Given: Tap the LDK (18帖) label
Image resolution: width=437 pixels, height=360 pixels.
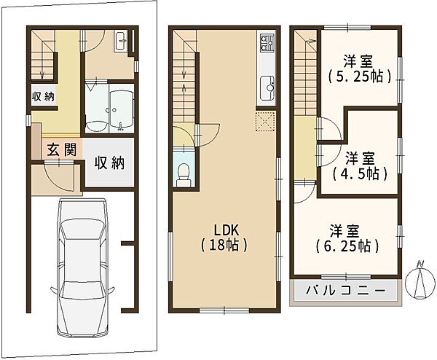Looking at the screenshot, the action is coord(224,238).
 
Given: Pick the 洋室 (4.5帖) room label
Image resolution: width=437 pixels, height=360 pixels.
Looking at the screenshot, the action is coord(360,166).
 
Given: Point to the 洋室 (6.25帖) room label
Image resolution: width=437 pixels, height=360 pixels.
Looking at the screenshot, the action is coord(347,238).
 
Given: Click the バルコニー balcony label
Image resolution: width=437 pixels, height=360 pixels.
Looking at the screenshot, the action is coord(345,291).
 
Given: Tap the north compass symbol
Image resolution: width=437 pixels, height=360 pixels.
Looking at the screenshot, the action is coord(420,281).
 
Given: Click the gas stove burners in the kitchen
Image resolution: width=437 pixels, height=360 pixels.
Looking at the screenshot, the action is coord(267,43).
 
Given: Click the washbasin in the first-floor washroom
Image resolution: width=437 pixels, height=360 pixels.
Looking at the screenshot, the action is coord(121,41).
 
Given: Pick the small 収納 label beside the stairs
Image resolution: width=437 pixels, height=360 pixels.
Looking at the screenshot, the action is coord(43,96).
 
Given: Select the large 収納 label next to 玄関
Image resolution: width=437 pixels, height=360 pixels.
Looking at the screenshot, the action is coord(109,163).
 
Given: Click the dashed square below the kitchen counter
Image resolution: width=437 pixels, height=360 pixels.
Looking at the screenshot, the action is coord(265,121).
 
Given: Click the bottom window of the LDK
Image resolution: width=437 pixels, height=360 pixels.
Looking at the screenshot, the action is coord(224,310).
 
